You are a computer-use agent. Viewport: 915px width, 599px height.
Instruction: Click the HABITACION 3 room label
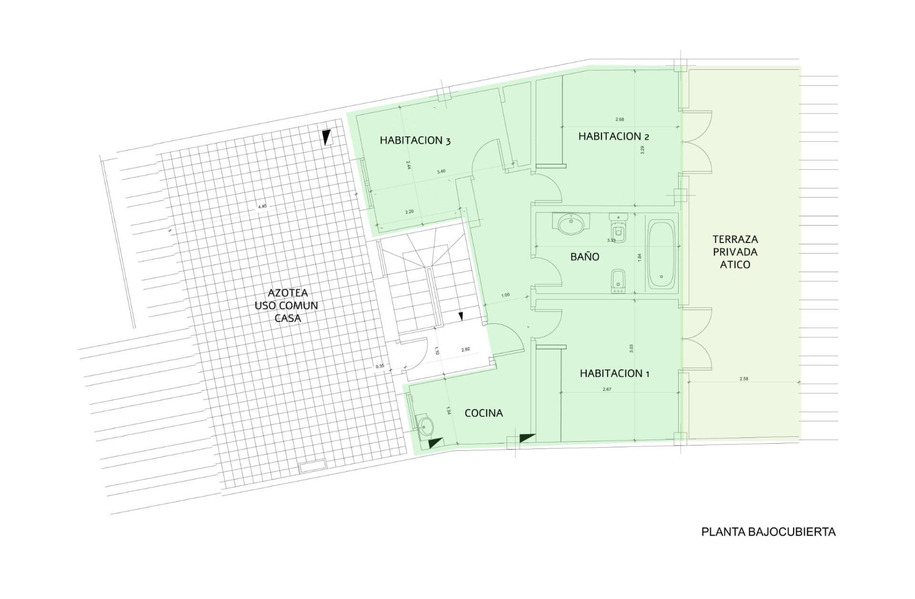coord(415,141)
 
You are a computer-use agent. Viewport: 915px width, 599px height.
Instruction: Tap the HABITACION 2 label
coord(613,136)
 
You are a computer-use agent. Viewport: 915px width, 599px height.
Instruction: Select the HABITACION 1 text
coord(614,373)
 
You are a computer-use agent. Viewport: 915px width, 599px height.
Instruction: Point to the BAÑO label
coord(585,256)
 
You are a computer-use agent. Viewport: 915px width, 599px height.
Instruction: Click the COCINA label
coord(484,413)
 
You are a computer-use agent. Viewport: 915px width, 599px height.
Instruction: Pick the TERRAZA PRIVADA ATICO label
coord(735,252)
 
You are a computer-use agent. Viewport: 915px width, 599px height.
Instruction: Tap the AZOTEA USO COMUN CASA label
coord(286,305)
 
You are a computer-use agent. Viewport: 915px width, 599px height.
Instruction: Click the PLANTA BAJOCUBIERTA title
coord(768,532)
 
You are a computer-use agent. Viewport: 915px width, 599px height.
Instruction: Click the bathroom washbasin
coord(570,223)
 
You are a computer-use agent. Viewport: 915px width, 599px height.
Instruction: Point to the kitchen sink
coord(425,424)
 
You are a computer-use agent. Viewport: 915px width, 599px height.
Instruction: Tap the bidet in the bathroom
coord(618,281)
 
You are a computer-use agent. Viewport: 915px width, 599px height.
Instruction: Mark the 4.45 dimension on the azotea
coord(262,206)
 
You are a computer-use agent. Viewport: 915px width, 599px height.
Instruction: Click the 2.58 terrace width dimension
coord(743,379)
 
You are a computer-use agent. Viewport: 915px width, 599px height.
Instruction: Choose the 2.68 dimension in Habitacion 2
coord(620,119)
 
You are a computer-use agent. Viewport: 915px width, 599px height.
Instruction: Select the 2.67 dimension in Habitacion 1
coord(607,389)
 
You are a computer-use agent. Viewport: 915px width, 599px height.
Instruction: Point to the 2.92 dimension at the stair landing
coord(466,349)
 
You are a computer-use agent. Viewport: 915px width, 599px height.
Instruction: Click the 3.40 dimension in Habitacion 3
coord(441,171)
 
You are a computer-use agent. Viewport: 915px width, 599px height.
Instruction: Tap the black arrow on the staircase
coord(460,316)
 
